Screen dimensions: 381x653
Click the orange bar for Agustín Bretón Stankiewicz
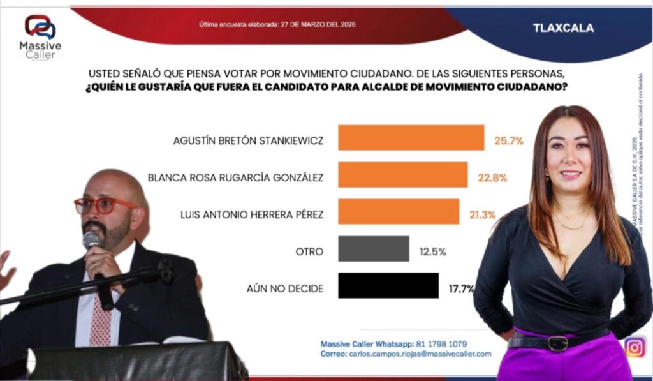click(x=411, y=138)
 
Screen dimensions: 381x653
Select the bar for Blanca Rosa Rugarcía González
click(x=402, y=175)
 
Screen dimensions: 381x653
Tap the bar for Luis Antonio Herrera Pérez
click(x=398, y=212)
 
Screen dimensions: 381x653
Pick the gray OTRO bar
click(x=373, y=249)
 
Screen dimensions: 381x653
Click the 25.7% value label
click(x=509, y=140)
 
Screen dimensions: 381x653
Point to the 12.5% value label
click(x=432, y=251)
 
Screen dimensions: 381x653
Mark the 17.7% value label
click(x=461, y=288)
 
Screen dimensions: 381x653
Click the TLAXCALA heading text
click(x=563, y=28)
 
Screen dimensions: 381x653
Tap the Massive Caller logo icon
click(x=40, y=27)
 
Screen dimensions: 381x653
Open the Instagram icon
click(x=635, y=347)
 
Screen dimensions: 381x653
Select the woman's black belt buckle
click(x=558, y=343)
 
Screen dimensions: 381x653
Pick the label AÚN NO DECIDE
click(x=284, y=288)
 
